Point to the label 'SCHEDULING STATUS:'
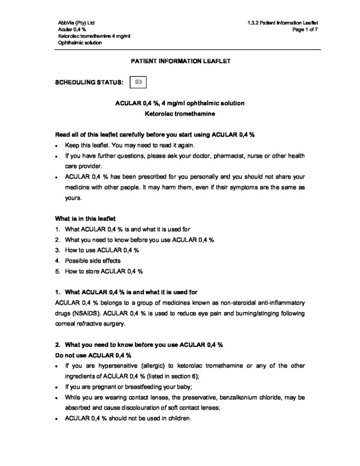89,83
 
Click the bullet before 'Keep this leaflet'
56,146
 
